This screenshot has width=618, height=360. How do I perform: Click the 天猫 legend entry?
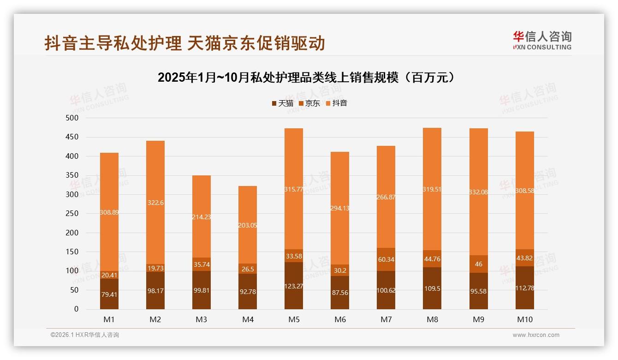pyautogui.click(x=283, y=103)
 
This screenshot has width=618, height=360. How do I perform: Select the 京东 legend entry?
pyautogui.click(x=309, y=103)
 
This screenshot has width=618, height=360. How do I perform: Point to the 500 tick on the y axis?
pyautogui.click(x=73, y=118)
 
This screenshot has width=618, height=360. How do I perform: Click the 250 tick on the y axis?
pyautogui.click(x=73, y=214)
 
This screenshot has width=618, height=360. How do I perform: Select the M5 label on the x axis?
pyautogui.click(x=294, y=319)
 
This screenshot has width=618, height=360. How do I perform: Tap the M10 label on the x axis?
pyautogui.click(x=524, y=319)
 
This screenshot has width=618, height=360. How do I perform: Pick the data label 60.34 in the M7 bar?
pyautogui.click(x=386, y=259)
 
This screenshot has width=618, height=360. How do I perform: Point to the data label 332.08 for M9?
pyautogui.click(x=478, y=192)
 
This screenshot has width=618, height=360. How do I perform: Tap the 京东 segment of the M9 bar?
pyautogui.click(x=478, y=264)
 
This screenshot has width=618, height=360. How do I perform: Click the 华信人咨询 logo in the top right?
pyautogui.click(x=542, y=41)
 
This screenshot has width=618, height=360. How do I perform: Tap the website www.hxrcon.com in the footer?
pyautogui.click(x=536, y=335)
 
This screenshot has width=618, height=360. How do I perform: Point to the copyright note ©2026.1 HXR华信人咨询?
pyautogui.click(x=85, y=335)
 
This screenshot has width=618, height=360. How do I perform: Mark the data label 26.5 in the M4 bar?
pyautogui.click(x=248, y=269)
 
